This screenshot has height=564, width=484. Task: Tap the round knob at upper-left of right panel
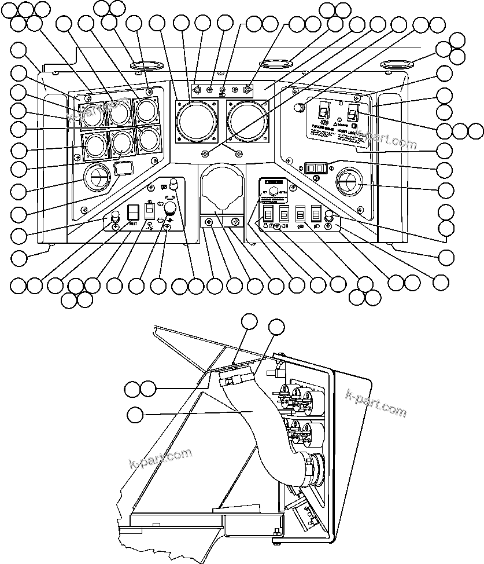tap(298, 107)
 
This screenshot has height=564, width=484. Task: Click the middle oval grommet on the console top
tap(277, 63)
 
